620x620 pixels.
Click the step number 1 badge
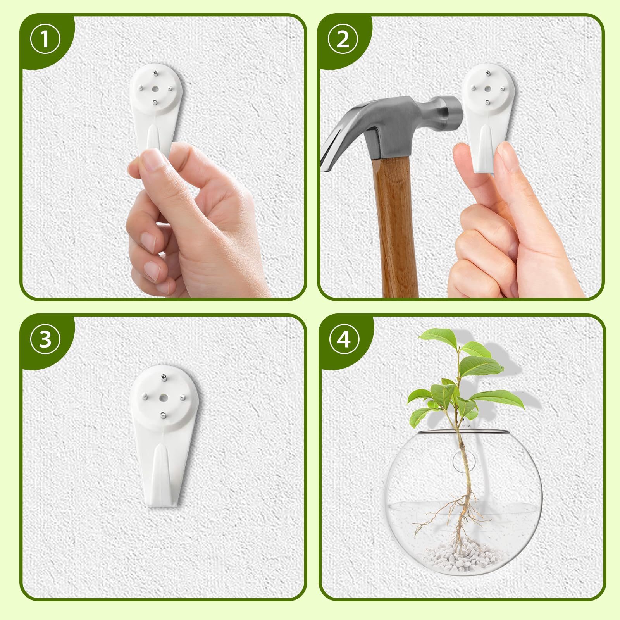[45, 40]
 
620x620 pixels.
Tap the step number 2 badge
[343, 40]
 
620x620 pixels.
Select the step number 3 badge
[45, 340]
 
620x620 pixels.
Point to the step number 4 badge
[343, 340]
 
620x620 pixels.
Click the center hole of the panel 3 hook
[164, 398]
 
